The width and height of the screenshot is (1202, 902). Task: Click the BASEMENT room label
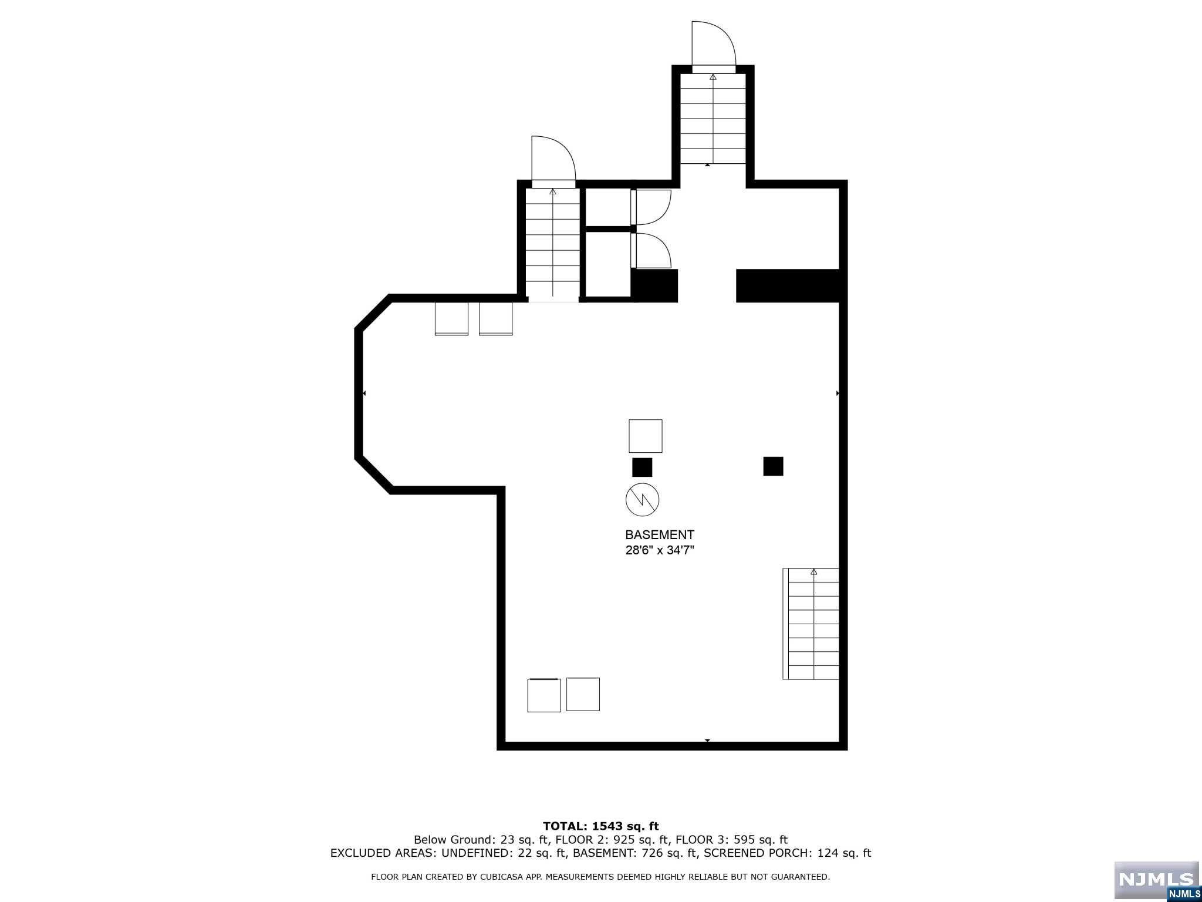coord(659,534)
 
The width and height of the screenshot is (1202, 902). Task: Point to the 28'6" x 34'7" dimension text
coord(659,551)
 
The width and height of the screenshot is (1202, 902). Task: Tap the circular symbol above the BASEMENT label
coord(642,500)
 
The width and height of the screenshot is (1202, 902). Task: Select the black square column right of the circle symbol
coord(773,466)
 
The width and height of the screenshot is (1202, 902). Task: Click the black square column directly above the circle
coord(642,467)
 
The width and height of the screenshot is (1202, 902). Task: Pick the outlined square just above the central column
coord(646,436)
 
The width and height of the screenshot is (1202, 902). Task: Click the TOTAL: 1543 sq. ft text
coord(600,826)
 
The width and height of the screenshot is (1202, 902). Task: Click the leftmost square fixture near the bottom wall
coord(544,695)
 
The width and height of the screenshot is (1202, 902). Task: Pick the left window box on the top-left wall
coord(451,318)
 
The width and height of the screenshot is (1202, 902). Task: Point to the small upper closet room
coord(608,207)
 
